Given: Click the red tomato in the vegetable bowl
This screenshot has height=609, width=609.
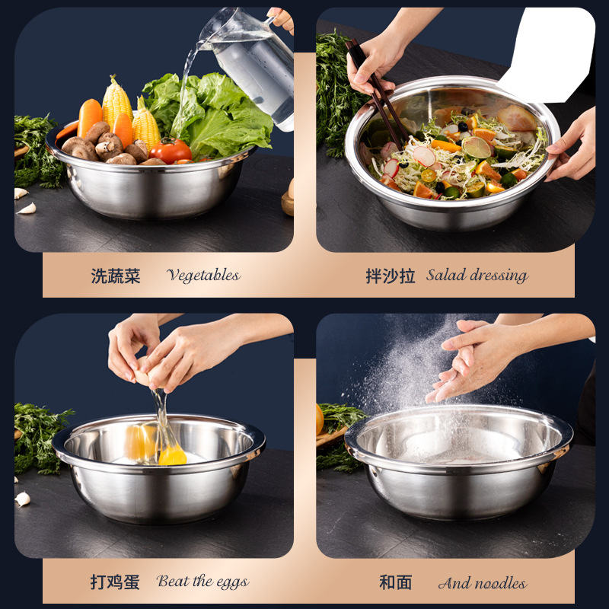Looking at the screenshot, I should tap(171, 150).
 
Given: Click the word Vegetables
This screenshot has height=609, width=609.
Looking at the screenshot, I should tap(203, 276).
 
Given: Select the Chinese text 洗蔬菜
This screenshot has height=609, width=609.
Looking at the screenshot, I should tap(116, 276).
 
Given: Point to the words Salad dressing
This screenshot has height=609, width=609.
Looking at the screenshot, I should tap(477, 276).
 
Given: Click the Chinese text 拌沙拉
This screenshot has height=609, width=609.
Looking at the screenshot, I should tap(390, 276).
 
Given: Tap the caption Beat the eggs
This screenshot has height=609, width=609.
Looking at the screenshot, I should tap(202, 582).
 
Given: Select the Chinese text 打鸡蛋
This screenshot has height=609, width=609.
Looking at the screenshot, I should tap(116, 583).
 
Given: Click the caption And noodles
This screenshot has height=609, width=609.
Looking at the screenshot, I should tap(482, 584).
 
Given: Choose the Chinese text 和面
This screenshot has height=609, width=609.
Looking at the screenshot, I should tap(395, 583).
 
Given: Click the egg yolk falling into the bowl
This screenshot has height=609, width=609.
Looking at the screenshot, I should tap(172, 454).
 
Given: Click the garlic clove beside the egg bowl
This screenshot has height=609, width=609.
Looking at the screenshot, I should tap(23, 499).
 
